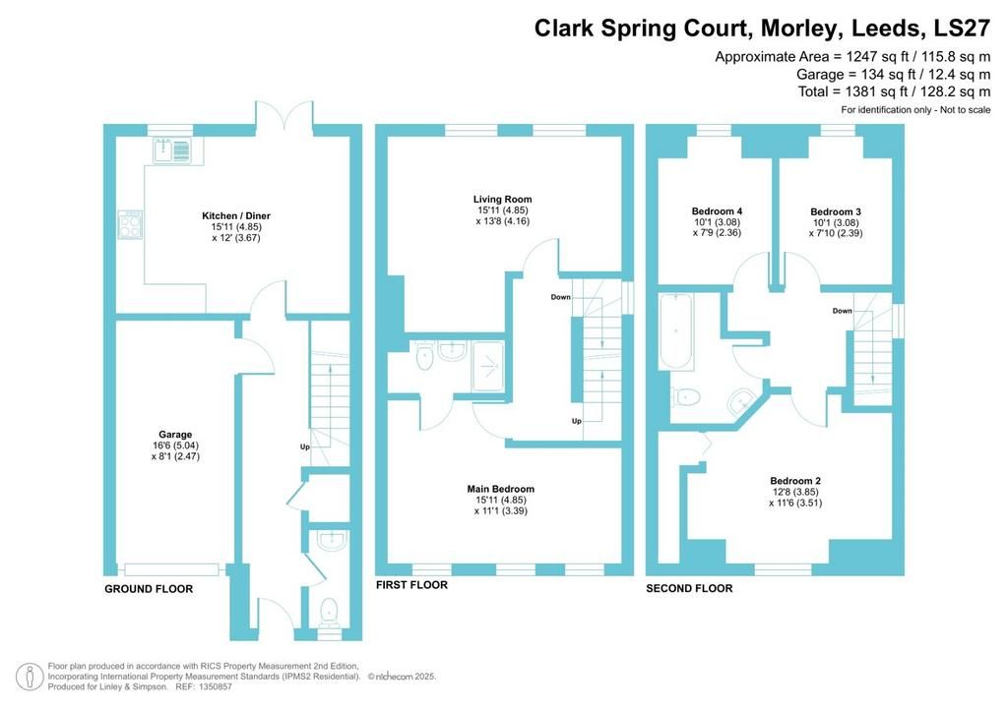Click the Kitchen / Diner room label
[236, 215]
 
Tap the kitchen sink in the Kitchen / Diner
[171, 150]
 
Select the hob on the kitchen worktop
[130, 222]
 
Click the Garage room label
[175, 434]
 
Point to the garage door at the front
[172, 567]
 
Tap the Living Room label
[503, 199]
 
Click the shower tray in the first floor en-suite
[487, 364]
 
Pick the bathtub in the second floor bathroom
[678, 331]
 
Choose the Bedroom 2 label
[795, 481]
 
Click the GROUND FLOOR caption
[149, 589]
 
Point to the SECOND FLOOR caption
[689, 589]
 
